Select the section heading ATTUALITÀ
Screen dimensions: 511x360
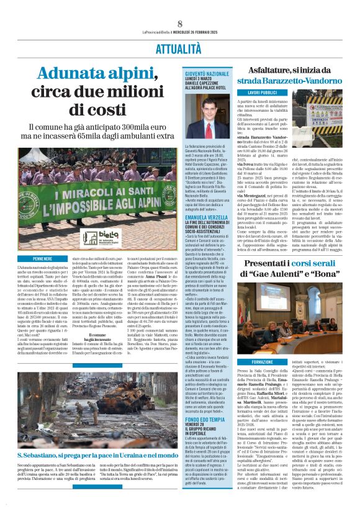[x=179, y=31]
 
